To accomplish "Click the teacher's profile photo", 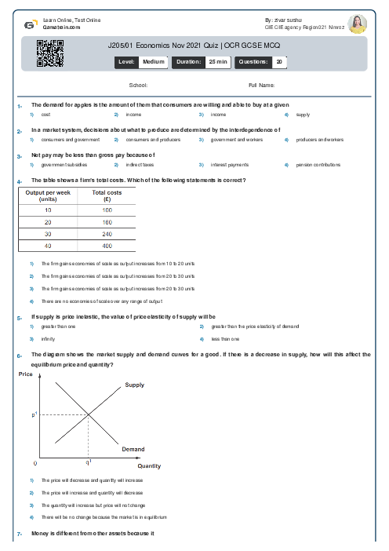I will pos(357,24).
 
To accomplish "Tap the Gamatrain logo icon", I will pos(29,24).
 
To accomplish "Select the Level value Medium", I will pos(153,60).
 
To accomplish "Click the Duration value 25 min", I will pos(216,60).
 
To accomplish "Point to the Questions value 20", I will pos(279,60).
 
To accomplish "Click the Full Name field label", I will pos(261,85).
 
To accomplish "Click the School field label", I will pos(138,85).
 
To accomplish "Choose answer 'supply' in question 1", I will pos(303,115).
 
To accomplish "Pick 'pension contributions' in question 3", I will pos(318,166).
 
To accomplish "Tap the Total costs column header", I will pos(107,195).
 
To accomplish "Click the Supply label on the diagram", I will pos(135,385).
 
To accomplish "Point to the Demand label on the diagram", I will pos(133,449).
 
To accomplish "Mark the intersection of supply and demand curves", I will pos(88,414).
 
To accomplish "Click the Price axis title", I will pos(25,374).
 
